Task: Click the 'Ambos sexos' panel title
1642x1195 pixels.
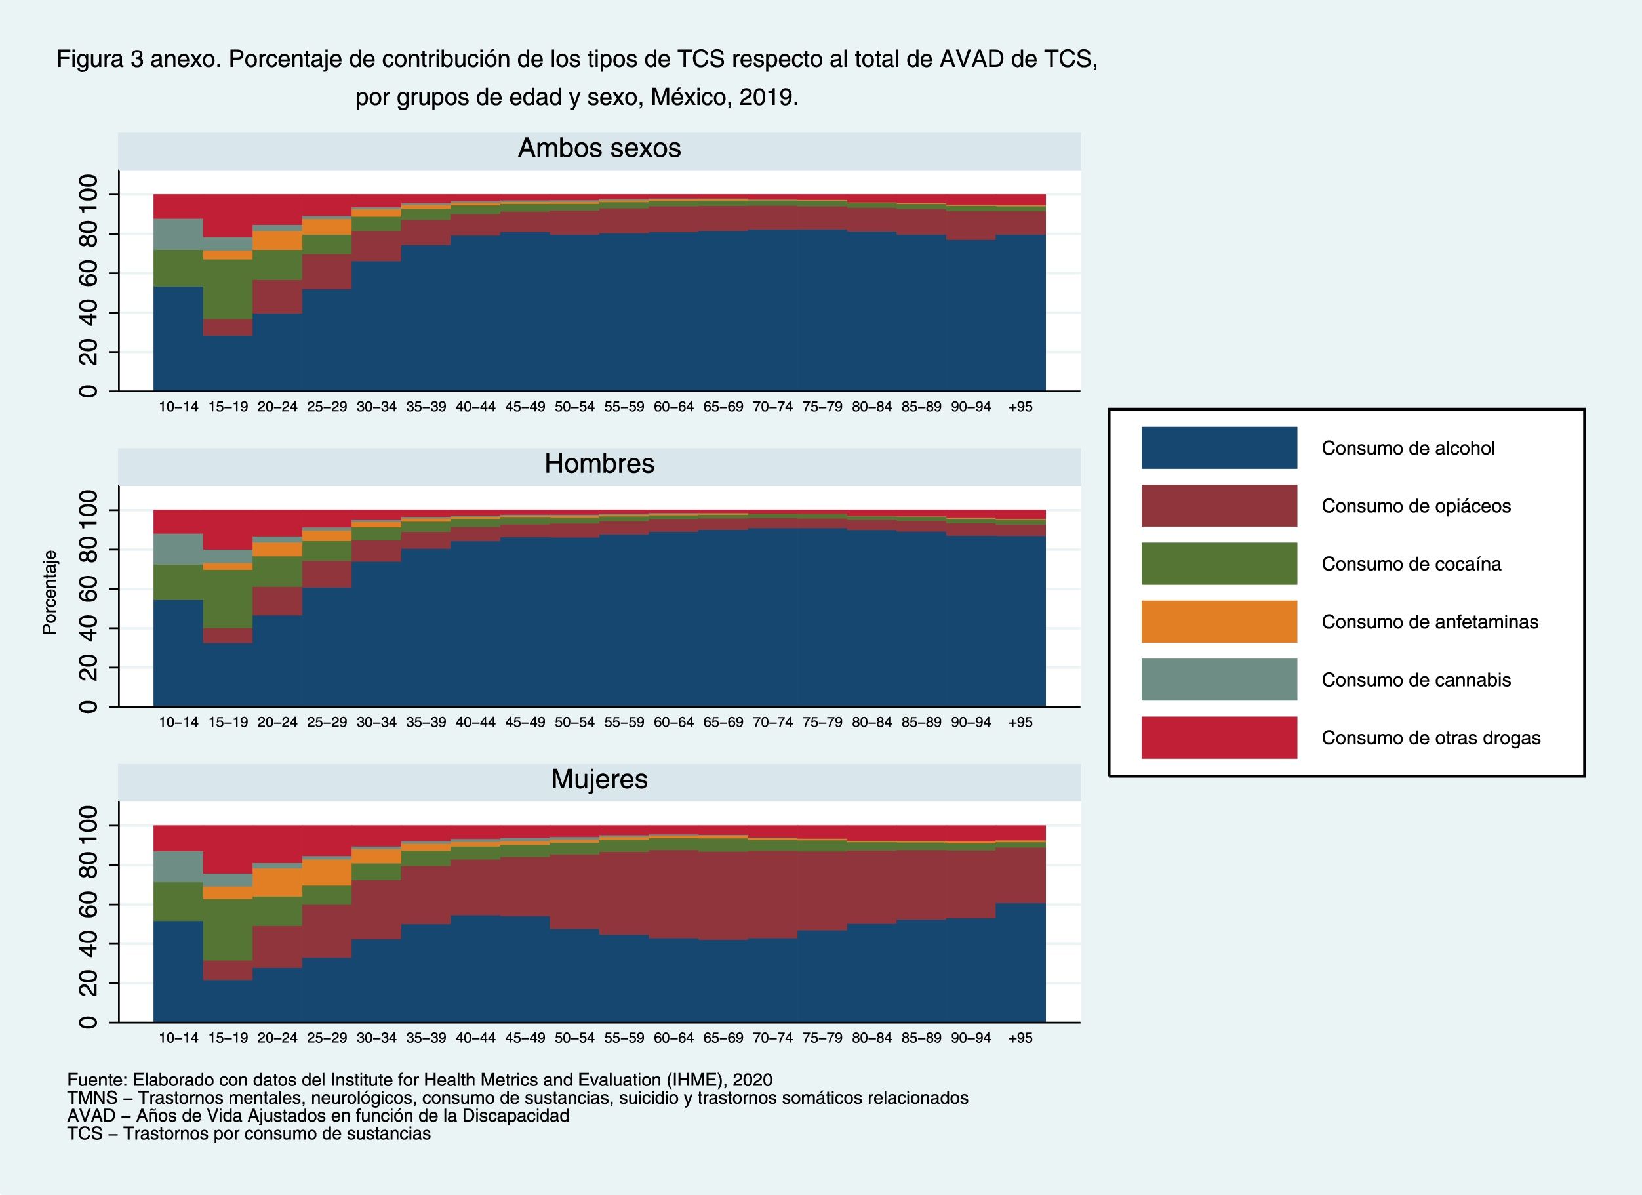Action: coord(599,148)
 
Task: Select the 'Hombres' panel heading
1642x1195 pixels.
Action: coord(599,464)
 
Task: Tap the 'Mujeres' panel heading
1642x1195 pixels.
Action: coord(599,779)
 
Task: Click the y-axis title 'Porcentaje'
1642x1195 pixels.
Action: coord(49,592)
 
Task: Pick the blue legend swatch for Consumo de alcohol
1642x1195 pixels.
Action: coord(1218,447)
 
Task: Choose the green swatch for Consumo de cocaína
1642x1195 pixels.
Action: coord(1218,563)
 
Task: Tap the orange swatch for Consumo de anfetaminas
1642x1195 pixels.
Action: coord(1218,621)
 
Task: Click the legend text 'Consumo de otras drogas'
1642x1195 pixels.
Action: coord(1431,738)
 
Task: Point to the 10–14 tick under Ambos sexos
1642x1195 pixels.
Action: coord(178,407)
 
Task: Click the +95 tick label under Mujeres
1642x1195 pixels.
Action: coord(1020,1038)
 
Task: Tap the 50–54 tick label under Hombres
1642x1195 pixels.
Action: coord(574,723)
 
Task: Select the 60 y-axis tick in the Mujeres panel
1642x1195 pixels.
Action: coord(89,905)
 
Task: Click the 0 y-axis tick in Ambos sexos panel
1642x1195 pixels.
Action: coord(89,391)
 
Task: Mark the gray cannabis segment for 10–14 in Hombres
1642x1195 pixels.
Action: coord(178,549)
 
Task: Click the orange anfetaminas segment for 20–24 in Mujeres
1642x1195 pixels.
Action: coord(277,882)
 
